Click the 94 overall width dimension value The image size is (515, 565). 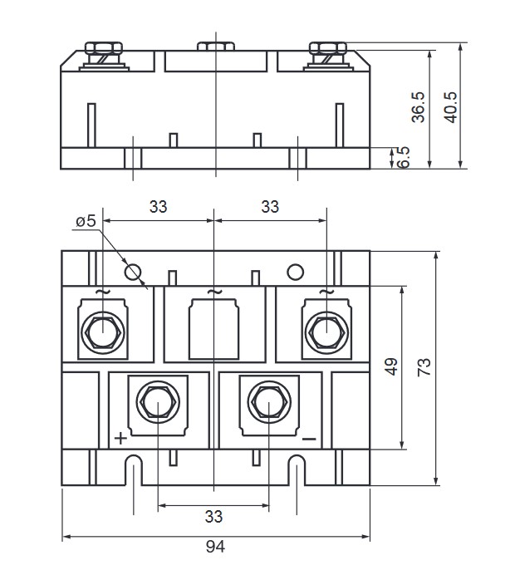tap(214, 547)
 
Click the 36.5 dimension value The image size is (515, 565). tap(419, 106)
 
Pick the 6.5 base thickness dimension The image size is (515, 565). tap(404, 158)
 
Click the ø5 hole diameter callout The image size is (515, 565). tap(86, 221)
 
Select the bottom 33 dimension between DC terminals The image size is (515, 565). tap(214, 517)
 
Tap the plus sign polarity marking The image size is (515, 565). tap(120, 438)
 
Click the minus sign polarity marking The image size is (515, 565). tap(309, 438)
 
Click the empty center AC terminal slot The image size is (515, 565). tap(214, 331)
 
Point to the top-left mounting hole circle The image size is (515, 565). tap(131, 271)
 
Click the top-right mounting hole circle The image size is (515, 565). tap(295, 271)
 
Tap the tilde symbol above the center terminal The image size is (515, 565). tap(214, 292)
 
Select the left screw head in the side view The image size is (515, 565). tap(102, 49)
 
